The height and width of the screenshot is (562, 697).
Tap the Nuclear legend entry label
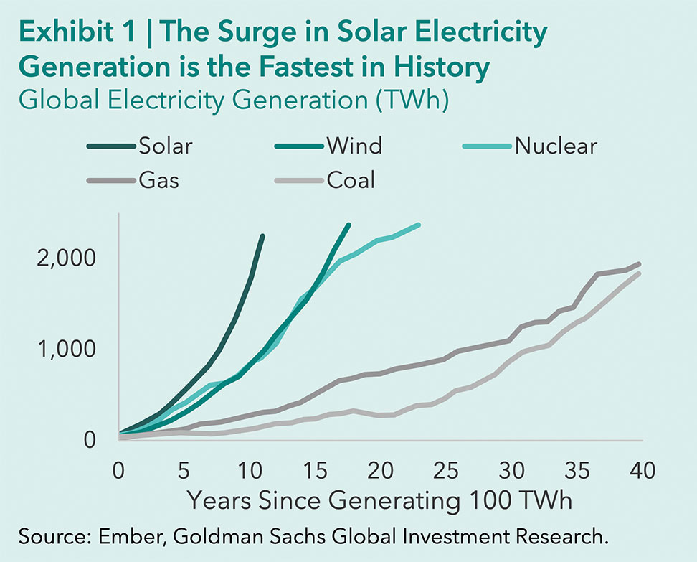pyautogui.click(x=555, y=146)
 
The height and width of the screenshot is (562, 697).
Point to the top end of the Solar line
pyautogui.click(x=262, y=235)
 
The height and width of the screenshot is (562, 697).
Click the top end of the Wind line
pyautogui.click(x=348, y=225)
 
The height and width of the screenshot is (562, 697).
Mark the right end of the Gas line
pyautogui.click(x=639, y=264)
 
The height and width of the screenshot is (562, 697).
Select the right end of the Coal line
pyautogui.click(x=639, y=273)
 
